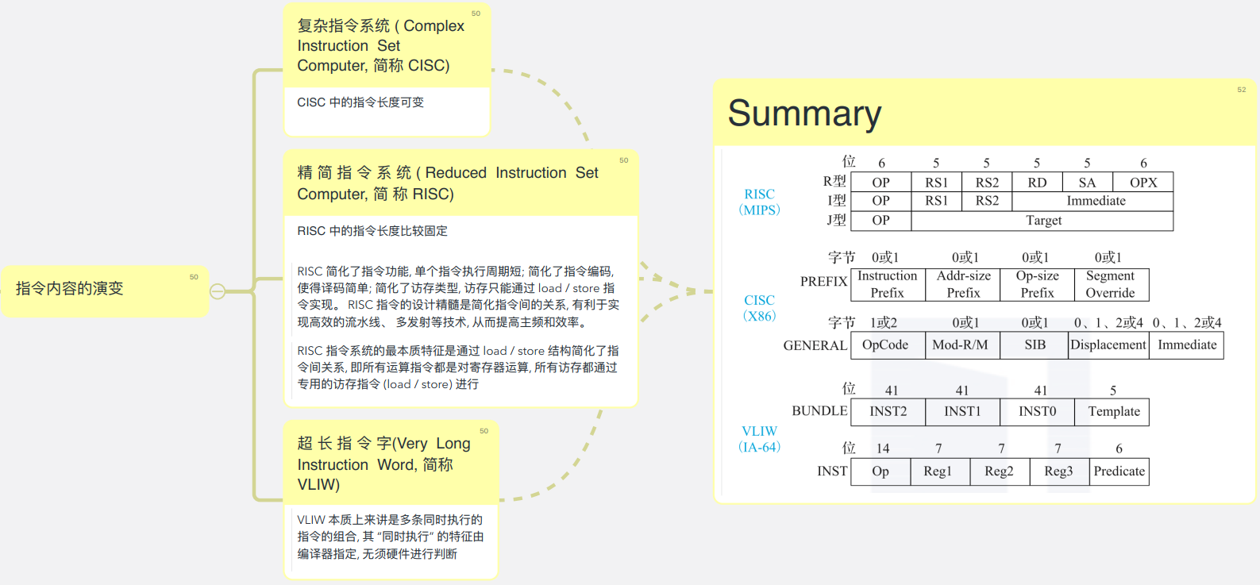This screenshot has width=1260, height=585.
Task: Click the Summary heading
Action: pos(803,114)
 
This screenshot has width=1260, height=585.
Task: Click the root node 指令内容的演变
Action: pos(70,289)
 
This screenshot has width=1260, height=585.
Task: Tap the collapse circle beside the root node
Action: pos(218,291)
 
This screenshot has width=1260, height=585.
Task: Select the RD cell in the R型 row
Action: pos(1037,183)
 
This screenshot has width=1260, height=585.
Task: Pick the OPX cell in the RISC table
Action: pos(1143,183)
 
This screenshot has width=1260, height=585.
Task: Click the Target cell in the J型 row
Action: pos(1043,221)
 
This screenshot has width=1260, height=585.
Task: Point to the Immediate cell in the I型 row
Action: pos(1096,201)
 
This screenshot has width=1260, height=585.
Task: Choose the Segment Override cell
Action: pos(1110,284)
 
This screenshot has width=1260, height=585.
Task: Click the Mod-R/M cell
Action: pos(960,345)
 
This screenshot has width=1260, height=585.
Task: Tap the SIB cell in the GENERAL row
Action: pos(1035,345)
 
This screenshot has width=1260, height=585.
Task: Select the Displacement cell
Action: pos(1108,345)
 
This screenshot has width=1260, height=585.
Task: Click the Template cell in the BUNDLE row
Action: pos(1113,411)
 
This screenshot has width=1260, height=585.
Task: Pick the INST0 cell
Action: pos(1037,411)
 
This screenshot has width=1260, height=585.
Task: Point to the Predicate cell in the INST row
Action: pos(1119,471)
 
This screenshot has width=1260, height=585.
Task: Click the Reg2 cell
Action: pos(999,471)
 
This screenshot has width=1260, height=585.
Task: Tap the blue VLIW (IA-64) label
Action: pos(759,439)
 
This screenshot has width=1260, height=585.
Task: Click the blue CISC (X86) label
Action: pos(759,308)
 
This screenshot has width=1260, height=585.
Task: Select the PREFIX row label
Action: pos(823,282)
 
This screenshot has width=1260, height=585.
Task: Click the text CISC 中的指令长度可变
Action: pos(360,102)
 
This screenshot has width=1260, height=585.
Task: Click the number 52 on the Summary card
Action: pos(1241,90)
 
